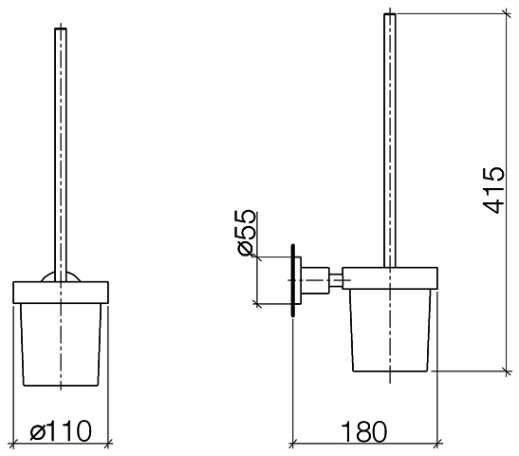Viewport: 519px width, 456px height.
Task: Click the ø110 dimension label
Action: click(x=61, y=430)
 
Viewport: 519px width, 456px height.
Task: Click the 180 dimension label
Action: click(x=363, y=431)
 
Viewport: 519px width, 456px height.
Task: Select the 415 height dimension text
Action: click(x=493, y=190)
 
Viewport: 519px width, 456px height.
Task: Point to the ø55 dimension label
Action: click(x=245, y=233)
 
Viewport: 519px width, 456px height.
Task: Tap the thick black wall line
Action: click(x=293, y=280)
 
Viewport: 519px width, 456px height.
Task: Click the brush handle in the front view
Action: click(x=61, y=155)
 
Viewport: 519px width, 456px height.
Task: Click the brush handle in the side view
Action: click(x=390, y=141)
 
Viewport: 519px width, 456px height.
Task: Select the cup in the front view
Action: click(x=61, y=345)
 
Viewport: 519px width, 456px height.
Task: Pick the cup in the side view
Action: click(x=390, y=330)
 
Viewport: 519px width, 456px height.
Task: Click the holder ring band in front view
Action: click(x=61, y=293)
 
